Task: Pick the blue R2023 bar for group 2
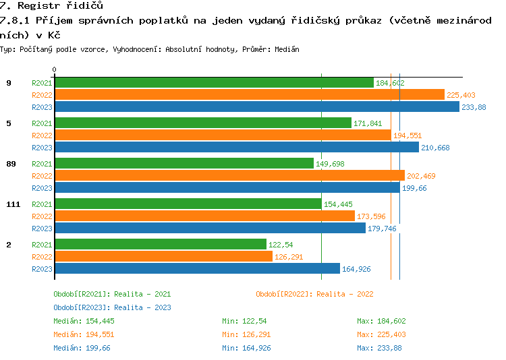(197, 268)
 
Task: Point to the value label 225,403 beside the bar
(461, 95)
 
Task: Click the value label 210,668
(435, 148)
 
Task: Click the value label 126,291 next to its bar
(289, 257)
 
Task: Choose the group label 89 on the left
(10, 164)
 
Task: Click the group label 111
(13, 204)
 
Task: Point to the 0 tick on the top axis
(55, 69)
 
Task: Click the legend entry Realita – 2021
(112, 294)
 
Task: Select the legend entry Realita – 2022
(314, 294)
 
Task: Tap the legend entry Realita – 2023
(112, 307)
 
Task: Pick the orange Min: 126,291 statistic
(247, 334)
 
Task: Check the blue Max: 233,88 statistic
(379, 348)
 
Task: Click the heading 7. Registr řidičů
(51, 5)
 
